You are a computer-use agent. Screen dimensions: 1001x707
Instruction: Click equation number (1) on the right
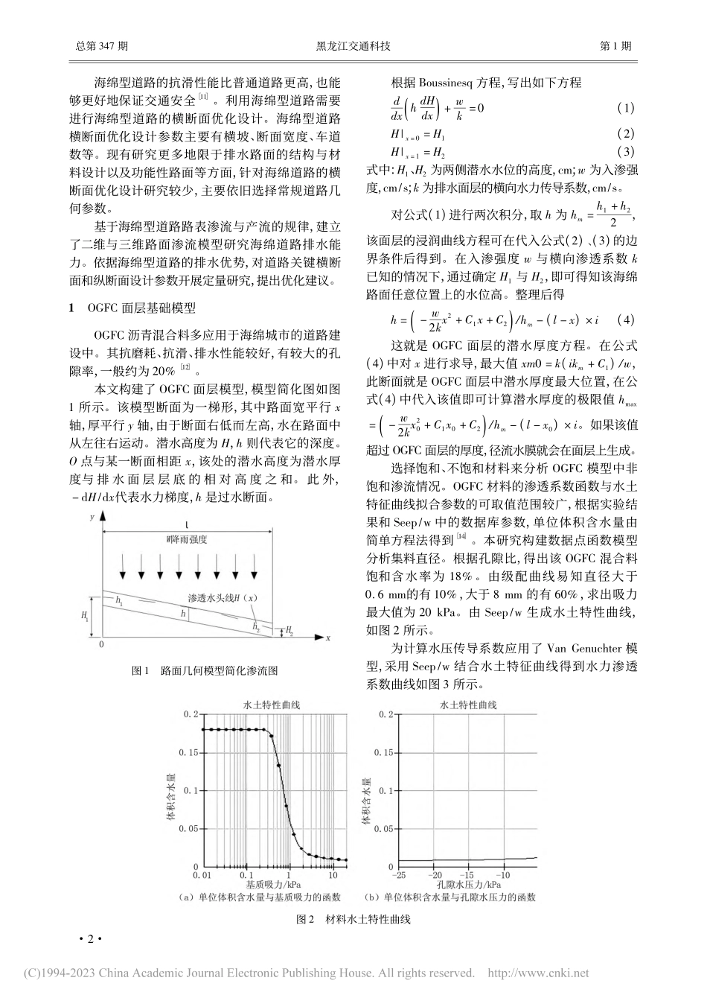tap(625, 109)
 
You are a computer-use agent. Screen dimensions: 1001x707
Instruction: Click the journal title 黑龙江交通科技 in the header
tap(353, 45)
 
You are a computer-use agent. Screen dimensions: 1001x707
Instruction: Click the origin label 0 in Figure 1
tap(102, 644)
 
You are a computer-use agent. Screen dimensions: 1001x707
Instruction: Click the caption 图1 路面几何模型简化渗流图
tap(204, 670)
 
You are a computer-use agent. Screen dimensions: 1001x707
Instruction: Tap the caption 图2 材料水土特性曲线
tap(353, 919)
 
